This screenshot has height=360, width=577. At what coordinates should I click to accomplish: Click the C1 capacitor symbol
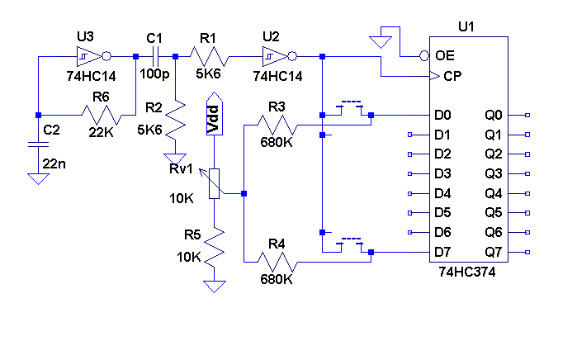pos(154,56)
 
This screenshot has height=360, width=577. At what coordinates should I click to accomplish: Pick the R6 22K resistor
pos(101,115)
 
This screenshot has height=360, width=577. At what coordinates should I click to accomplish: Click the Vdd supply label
pos(213,117)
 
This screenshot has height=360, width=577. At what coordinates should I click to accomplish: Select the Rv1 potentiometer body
pos(214,182)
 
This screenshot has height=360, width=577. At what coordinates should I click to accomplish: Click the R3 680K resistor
pos(276,126)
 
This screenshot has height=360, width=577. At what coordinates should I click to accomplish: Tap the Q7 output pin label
pos(494,252)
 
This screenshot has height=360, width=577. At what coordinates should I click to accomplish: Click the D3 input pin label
pos(442,173)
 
